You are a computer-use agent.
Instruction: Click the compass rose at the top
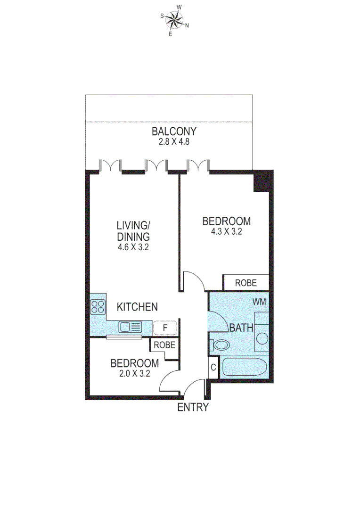[x=175, y=20]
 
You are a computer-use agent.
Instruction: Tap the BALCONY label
[x=174, y=131]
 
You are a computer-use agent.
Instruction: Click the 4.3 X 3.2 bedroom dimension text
[x=226, y=231]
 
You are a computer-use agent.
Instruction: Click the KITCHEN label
[x=137, y=307]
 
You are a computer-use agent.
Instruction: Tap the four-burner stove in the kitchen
[x=98, y=307]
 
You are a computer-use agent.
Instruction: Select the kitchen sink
[x=131, y=326]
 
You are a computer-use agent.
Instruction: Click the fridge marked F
[x=165, y=327]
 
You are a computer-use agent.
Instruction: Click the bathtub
[x=245, y=367]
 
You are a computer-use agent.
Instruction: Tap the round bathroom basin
[x=262, y=338]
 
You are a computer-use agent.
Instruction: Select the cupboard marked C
[x=213, y=367]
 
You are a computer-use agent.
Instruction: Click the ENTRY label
[x=193, y=408]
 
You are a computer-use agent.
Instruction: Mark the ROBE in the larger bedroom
[x=246, y=283]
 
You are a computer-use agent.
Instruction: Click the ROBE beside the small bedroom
[x=164, y=345]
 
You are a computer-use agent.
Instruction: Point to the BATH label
[x=242, y=328]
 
